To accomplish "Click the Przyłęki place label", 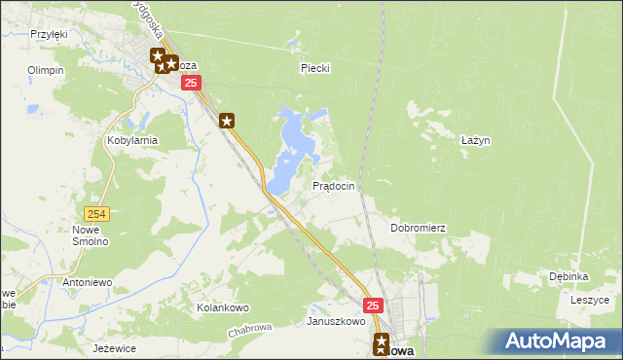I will (48, 34).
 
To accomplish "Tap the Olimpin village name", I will (46, 70).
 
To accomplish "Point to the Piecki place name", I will (315, 68).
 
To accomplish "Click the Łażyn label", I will (475, 140).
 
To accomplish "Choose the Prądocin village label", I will (332, 185).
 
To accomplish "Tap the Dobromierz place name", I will (418, 228).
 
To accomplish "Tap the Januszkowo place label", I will (336, 321).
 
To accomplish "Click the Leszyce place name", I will (589, 301).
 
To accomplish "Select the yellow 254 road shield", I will (95, 214).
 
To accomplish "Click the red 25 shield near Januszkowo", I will (374, 306).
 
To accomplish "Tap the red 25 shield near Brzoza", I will (193, 85).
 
